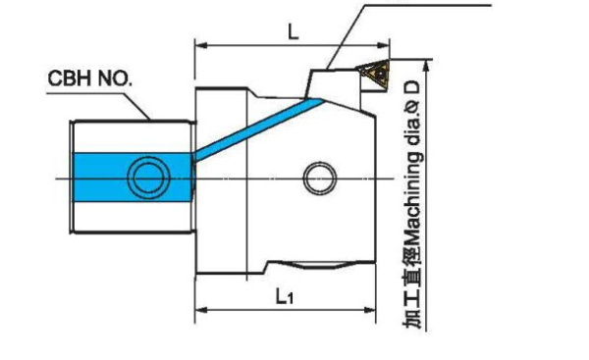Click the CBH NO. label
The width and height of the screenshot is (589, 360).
[89, 78]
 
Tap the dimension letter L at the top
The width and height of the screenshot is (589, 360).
[293, 33]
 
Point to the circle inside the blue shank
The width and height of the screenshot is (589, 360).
[148, 178]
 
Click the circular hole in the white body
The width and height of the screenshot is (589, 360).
[319, 179]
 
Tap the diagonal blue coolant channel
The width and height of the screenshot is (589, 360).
[257, 128]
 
